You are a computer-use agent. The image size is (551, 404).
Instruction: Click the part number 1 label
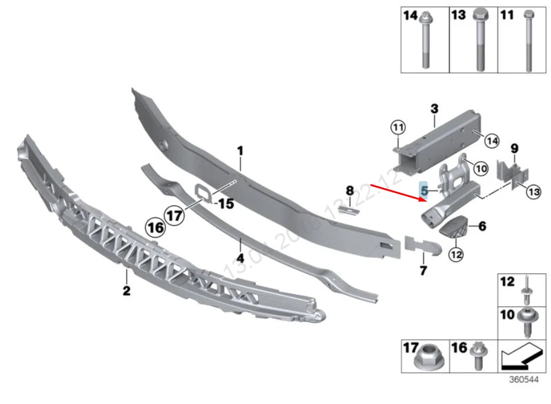240,152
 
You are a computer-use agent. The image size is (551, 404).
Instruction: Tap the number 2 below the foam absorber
126,290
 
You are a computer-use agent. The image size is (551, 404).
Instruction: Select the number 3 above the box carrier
434,109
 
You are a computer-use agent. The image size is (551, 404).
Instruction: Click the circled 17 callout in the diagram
174,215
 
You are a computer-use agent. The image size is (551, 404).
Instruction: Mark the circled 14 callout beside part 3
492,140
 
